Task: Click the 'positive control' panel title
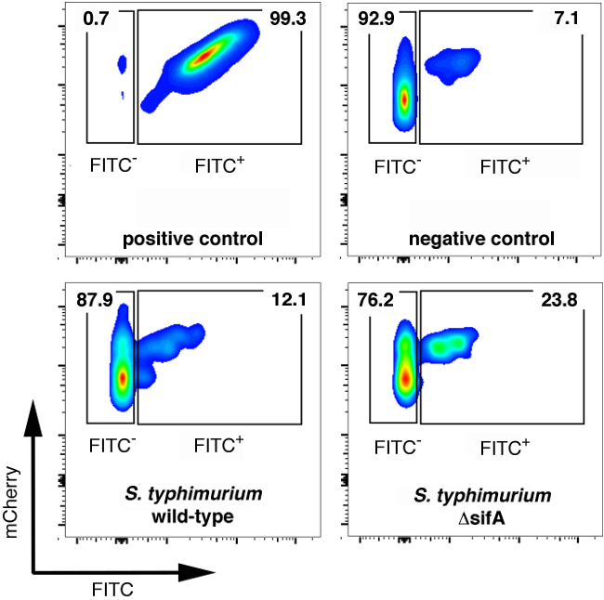pyautogui.click(x=193, y=240)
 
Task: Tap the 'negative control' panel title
pyautogui.click(x=481, y=240)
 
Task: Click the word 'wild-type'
pyautogui.click(x=194, y=515)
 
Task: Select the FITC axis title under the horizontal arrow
pyautogui.click(x=112, y=589)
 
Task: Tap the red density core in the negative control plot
pyautogui.click(x=404, y=98)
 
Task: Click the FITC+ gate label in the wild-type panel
pyautogui.click(x=219, y=445)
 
